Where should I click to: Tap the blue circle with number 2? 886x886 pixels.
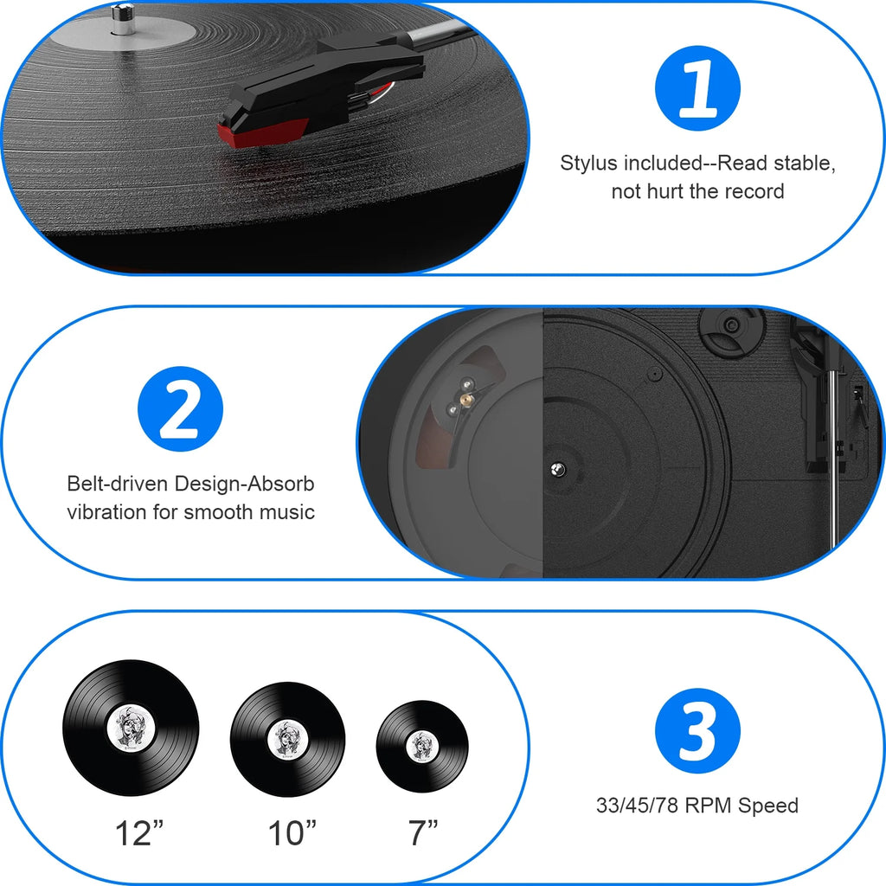(181, 408)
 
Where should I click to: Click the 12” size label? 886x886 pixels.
(139, 833)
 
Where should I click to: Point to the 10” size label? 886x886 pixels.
(292, 833)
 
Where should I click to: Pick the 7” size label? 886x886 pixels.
(423, 833)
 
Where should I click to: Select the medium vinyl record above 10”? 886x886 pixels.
(288, 739)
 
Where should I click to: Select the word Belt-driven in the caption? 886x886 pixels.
(119, 484)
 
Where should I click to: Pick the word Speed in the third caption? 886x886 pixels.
(768, 806)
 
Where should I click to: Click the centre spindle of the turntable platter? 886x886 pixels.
(555, 468)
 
